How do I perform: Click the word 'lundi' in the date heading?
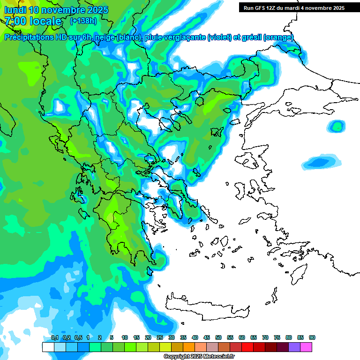[x=15, y=10]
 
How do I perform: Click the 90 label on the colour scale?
[x=312, y=337]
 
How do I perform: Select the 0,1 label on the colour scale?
[x=54, y=337]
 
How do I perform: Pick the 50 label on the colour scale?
[x=218, y=337]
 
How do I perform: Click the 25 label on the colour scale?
[x=160, y=337]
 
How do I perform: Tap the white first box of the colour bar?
[x=48, y=347]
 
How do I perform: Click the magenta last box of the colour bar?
[x=306, y=347]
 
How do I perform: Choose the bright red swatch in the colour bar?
[x=247, y=347]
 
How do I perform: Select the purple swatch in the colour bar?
[x=294, y=347]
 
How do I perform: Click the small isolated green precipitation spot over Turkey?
[x=336, y=126]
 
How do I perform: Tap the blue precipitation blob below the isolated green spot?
[x=321, y=162]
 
